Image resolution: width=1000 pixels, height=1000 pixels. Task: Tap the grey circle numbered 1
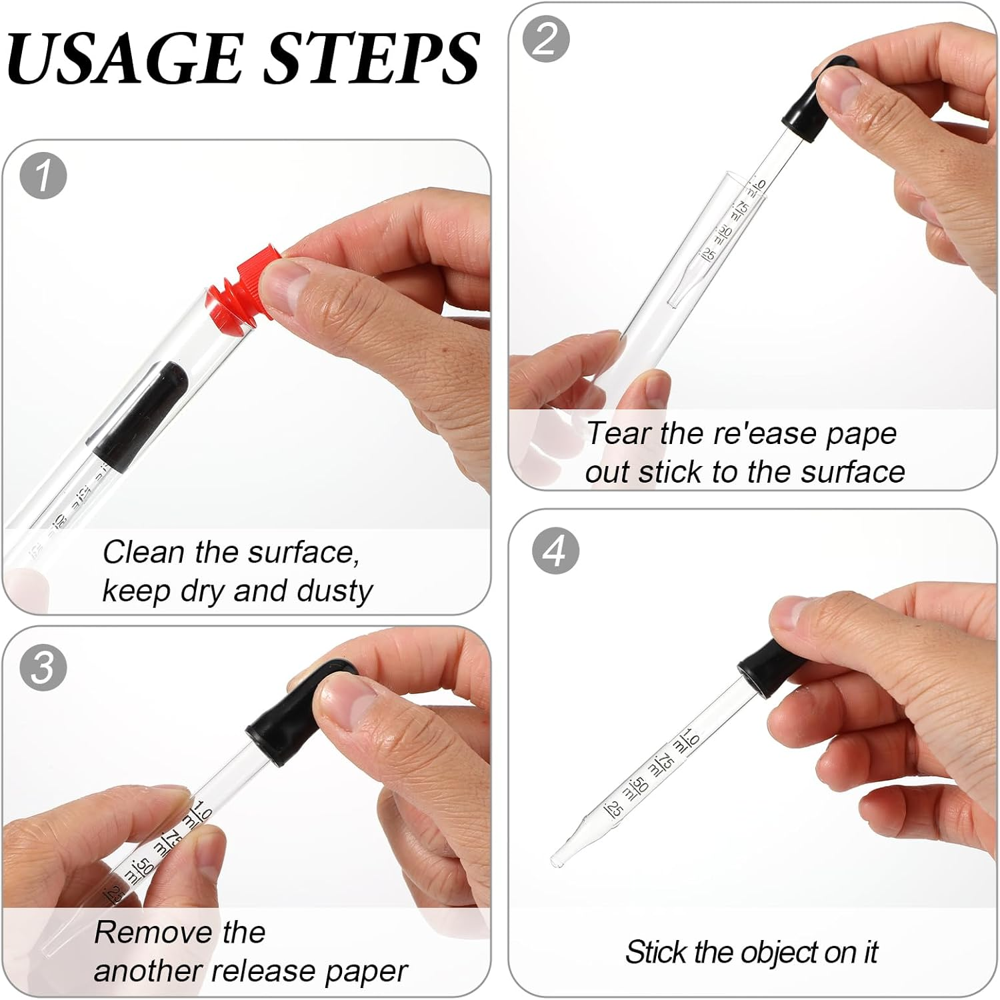coord(43,177)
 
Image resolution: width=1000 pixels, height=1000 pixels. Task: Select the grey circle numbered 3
coord(43,667)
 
